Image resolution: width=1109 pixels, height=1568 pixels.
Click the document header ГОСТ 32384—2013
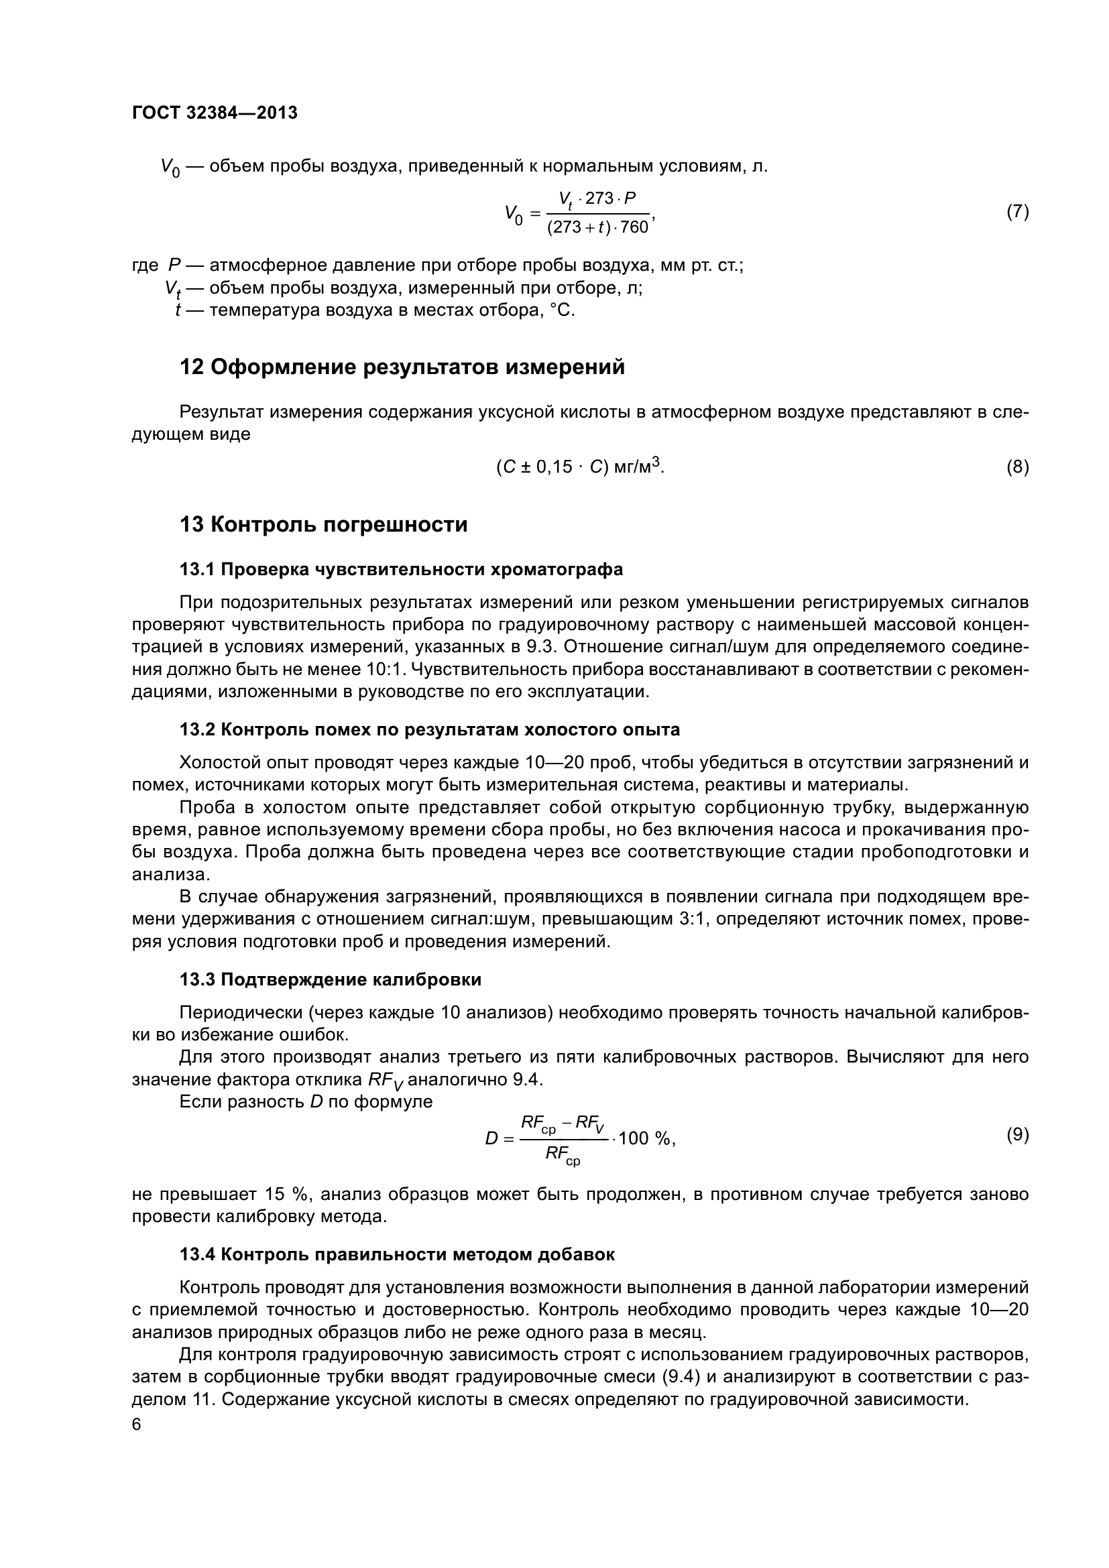pos(215,113)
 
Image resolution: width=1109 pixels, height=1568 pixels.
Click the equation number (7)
pos(1018,212)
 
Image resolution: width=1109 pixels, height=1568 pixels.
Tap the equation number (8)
pos(1018,467)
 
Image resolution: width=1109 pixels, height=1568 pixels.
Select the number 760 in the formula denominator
pos(634,227)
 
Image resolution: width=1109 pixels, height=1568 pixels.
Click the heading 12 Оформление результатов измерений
pos(402,367)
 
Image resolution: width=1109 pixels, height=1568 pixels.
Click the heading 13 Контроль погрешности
pos(323,524)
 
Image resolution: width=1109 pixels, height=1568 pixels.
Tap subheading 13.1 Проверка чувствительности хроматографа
pos(401,569)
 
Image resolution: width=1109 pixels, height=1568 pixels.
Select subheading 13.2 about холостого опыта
pos(430,729)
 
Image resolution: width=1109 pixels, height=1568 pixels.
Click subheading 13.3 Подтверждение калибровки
pos(330,979)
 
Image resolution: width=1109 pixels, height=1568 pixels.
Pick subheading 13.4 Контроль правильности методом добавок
pos(397,1254)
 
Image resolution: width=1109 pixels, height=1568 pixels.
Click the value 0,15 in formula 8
pos(552,468)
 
